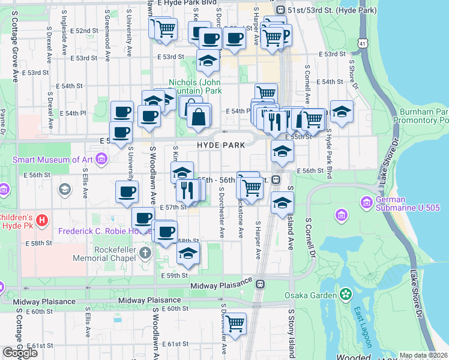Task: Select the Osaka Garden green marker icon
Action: coord(345,295)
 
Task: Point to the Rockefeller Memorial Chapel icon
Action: coord(145,253)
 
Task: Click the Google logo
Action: coord(19,353)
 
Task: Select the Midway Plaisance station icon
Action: coord(261,284)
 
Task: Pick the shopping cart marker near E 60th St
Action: coord(235,323)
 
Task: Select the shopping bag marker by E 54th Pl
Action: coord(199,115)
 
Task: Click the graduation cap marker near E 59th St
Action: coord(188,253)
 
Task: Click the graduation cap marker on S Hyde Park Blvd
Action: coord(341,111)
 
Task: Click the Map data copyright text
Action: coord(423,355)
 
